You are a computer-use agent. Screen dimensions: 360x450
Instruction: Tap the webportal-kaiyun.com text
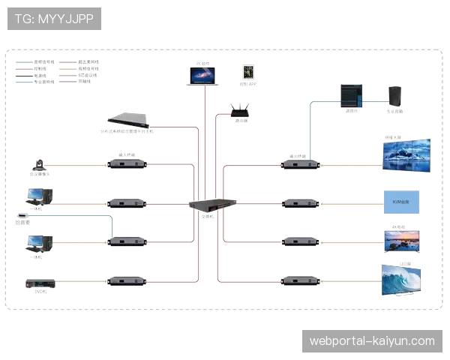(x=372, y=341)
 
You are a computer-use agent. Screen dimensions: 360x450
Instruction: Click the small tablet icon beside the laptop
(x=248, y=71)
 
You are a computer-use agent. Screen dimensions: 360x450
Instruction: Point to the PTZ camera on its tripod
(x=41, y=164)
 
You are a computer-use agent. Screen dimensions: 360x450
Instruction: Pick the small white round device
(x=22, y=217)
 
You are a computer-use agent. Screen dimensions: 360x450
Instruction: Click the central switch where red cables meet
(x=212, y=205)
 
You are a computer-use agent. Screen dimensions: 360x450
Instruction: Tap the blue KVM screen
(x=402, y=201)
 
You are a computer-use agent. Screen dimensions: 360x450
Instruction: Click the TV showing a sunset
(x=401, y=240)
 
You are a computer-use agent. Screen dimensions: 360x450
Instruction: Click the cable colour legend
(x=56, y=71)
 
